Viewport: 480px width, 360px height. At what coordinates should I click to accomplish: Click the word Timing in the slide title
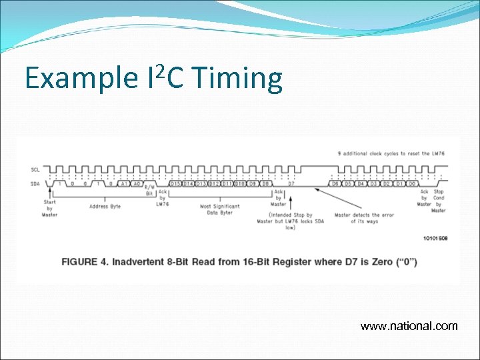(x=237, y=79)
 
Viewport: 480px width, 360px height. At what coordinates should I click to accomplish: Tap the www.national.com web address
(x=409, y=326)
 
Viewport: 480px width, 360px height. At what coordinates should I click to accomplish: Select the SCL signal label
(x=35, y=169)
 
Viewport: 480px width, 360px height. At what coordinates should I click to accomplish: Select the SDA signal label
(x=35, y=183)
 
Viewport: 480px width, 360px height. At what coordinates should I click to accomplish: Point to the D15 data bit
(x=176, y=183)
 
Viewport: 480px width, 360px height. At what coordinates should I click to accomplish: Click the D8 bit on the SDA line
(x=265, y=183)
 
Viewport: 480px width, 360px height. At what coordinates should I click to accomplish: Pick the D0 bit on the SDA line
(x=413, y=183)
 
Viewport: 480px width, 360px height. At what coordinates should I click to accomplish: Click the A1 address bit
(x=123, y=183)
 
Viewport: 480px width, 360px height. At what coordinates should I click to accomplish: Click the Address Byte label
(x=105, y=207)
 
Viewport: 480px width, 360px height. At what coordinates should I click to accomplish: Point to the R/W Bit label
(x=149, y=191)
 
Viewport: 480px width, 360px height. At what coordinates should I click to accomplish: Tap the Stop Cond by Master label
(x=438, y=200)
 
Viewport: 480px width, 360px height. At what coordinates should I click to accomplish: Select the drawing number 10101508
(x=435, y=238)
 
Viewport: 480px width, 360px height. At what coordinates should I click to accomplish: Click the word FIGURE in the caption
(x=85, y=262)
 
